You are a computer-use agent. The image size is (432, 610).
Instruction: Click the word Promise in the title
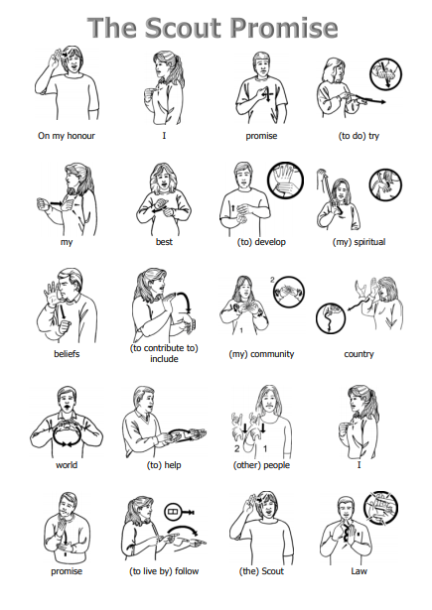[284, 28]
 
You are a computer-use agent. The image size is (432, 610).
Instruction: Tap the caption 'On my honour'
[67, 136]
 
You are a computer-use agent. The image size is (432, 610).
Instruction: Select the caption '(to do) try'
[359, 136]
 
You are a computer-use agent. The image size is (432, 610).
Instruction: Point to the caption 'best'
[164, 242]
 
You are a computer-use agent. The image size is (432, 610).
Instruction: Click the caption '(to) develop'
[261, 242]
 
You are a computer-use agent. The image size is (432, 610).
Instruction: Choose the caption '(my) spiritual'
[359, 242]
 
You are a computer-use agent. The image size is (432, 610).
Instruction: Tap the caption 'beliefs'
[67, 354]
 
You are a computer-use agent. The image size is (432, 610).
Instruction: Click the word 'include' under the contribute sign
[164, 359]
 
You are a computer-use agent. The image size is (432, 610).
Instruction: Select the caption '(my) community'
[261, 354]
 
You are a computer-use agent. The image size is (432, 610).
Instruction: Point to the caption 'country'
[359, 354]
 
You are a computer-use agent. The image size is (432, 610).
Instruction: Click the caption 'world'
[67, 465]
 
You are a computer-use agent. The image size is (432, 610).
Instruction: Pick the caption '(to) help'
[164, 465]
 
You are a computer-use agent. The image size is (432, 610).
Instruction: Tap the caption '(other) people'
[261, 465]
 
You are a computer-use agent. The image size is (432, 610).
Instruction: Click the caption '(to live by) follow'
[164, 571]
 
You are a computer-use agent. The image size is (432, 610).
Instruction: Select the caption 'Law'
[359, 571]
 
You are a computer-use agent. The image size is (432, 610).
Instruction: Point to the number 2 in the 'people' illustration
[236, 449]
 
